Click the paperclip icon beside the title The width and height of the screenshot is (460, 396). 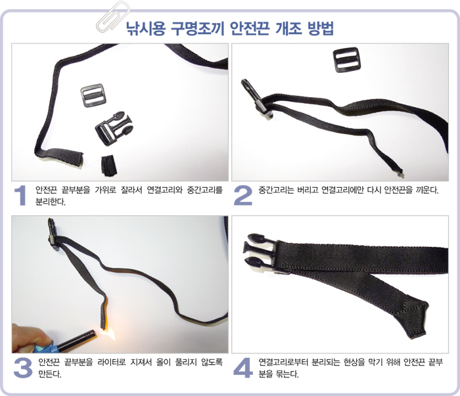pyautogui.click(x=113, y=16)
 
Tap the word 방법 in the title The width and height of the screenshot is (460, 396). pyautogui.click(x=321, y=29)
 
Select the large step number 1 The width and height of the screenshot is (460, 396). pyautogui.click(x=20, y=195)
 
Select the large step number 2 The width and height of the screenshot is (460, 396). pyautogui.click(x=243, y=195)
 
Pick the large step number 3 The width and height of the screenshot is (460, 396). pyautogui.click(x=23, y=368)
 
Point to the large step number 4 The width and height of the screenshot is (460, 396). pyautogui.click(x=243, y=368)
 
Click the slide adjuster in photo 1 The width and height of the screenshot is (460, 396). pyautogui.click(x=93, y=95)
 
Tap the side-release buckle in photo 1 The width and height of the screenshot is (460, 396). pyautogui.click(x=114, y=128)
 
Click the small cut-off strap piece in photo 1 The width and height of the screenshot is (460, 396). pyautogui.click(x=109, y=167)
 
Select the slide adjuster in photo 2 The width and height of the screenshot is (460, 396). pyautogui.click(x=346, y=60)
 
